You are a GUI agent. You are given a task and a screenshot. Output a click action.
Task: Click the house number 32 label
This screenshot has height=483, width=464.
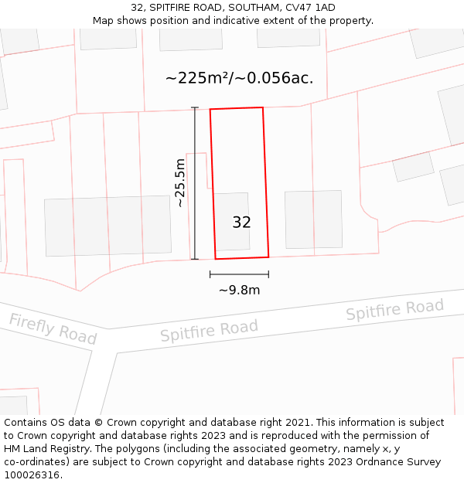coord(241,223)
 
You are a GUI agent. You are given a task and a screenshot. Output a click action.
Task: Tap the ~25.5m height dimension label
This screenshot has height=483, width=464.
coord(180,183)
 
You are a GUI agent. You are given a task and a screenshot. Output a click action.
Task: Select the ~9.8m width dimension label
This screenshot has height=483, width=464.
coord(239,291)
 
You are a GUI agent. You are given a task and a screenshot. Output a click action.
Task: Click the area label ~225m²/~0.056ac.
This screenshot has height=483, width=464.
coord(239,78)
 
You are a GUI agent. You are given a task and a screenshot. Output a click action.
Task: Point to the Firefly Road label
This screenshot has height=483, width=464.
coord(53,329)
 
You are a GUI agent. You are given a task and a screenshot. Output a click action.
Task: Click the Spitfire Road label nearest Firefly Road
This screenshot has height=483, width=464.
coord(209,330)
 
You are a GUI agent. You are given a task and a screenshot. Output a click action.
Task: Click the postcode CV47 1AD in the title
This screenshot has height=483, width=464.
coord(314,8)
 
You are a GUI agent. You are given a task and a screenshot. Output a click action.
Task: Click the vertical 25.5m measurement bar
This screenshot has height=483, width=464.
coord(195,183)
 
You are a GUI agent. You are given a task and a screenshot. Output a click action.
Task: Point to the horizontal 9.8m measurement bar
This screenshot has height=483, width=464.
coord(239,274)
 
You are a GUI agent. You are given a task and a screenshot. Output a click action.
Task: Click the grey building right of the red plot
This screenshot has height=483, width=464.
coord(313,219)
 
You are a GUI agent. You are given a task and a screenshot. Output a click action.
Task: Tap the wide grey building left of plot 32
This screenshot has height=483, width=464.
coord(107,226)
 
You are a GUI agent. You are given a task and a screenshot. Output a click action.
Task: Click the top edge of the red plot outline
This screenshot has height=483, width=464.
coord(237,108)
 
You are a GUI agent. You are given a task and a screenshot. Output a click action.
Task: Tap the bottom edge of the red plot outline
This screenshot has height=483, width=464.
coord(242,257)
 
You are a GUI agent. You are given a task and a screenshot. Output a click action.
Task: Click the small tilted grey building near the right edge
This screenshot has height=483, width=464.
coord(413,166)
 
